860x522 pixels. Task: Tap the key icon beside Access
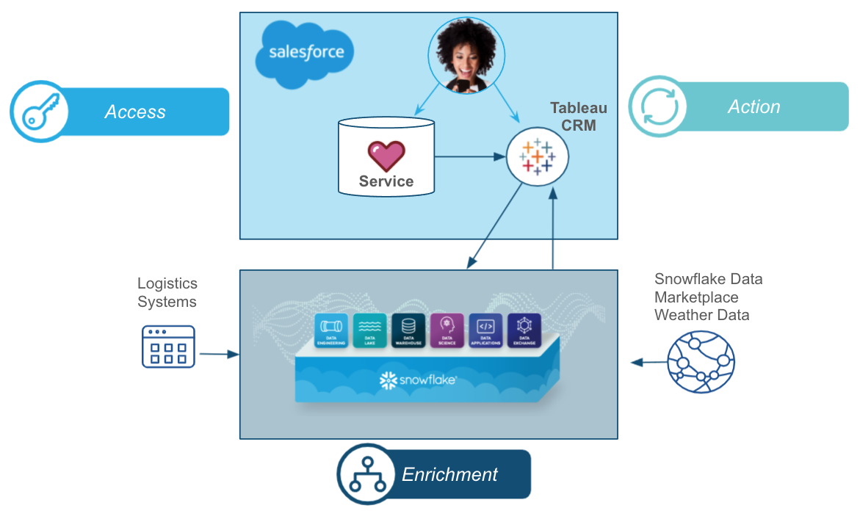coord(38,112)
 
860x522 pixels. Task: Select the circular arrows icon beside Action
coord(658,107)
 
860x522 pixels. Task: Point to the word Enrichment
coord(449,474)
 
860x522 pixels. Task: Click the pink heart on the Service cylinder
coord(386,156)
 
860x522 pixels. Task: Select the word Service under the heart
coord(386,181)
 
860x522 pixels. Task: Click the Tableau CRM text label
coord(578,117)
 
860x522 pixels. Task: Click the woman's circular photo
coord(464,54)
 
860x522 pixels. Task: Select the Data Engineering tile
coord(331,330)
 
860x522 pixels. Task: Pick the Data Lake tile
coord(369,330)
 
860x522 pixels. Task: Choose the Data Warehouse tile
coord(408,330)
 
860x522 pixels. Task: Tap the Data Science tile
coord(447,330)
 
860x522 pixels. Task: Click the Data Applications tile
coord(485,330)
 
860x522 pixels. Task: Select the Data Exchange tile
coord(524,330)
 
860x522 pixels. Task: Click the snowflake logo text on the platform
coord(418,380)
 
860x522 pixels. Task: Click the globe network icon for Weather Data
coord(701,361)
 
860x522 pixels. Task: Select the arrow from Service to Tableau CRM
coord(469,156)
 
